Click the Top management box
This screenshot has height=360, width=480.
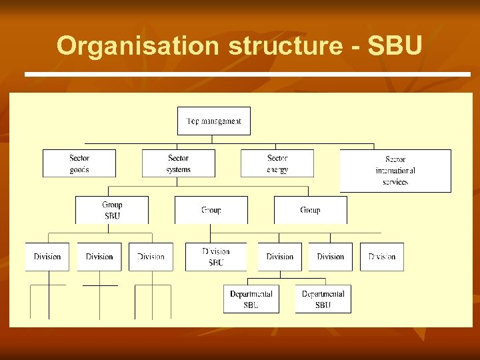click(x=213, y=121)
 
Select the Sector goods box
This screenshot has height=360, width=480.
click(x=79, y=163)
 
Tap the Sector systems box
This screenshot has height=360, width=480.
click(x=178, y=163)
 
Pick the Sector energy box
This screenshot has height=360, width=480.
click(x=277, y=163)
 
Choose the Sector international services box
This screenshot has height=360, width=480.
click(x=395, y=171)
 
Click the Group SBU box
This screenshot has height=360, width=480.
click(x=112, y=210)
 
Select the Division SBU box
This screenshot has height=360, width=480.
click(x=216, y=257)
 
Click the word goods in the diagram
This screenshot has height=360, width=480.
click(x=79, y=169)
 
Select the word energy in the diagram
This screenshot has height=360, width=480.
click(x=277, y=169)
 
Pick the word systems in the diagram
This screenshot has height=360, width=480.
click(x=178, y=169)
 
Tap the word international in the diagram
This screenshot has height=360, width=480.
click(x=395, y=171)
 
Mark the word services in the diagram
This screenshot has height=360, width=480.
click(x=395, y=182)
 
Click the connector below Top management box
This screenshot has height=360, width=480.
click(x=213, y=139)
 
